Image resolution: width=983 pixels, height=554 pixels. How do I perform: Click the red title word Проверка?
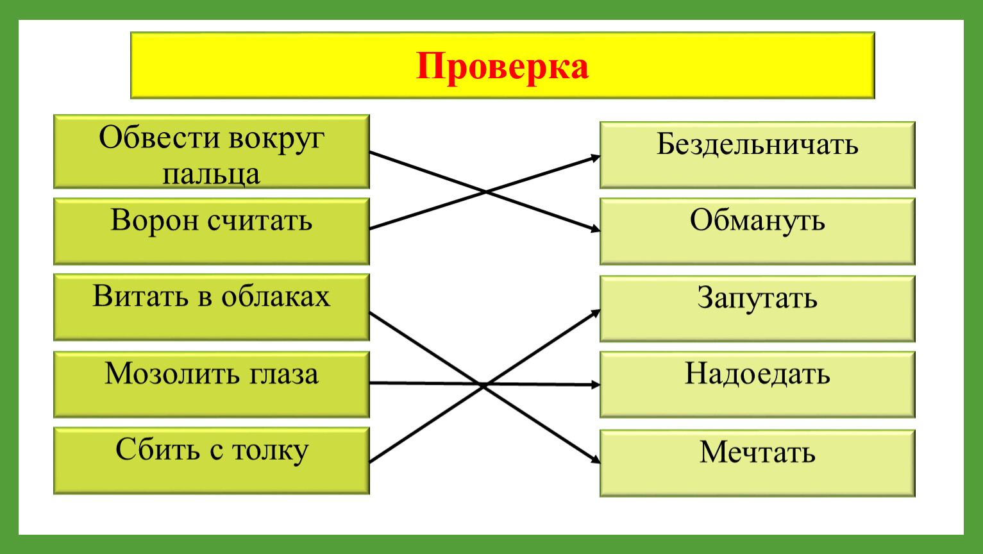coord(503,67)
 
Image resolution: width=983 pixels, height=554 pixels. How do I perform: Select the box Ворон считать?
coord(212,231)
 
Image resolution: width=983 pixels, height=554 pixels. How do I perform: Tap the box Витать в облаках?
coord(212,307)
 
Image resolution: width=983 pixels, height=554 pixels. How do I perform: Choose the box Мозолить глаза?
coord(212,385)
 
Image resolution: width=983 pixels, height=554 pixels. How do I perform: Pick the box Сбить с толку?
coord(212,461)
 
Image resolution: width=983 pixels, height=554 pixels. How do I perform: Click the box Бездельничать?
coord(757,155)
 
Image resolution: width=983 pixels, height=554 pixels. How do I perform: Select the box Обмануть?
coord(757,231)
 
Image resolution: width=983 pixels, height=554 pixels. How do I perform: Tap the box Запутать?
coord(757,308)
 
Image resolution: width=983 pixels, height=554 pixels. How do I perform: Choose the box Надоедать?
coord(757,385)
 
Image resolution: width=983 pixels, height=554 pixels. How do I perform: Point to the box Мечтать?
coord(757,463)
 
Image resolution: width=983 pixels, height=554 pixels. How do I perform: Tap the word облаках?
coord(276,296)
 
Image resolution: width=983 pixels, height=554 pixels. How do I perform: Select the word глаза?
coord(284,374)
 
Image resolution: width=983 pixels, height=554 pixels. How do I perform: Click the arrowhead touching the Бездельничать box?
coord(596,158)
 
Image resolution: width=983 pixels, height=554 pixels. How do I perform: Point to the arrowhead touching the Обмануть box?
coord(596,228)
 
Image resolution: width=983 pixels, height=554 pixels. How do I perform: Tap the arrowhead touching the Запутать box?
coord(596,312)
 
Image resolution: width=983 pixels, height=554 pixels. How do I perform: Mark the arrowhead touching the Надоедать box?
coord(596,385)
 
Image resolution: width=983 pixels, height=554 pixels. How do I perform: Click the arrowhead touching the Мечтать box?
coord(596,459)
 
